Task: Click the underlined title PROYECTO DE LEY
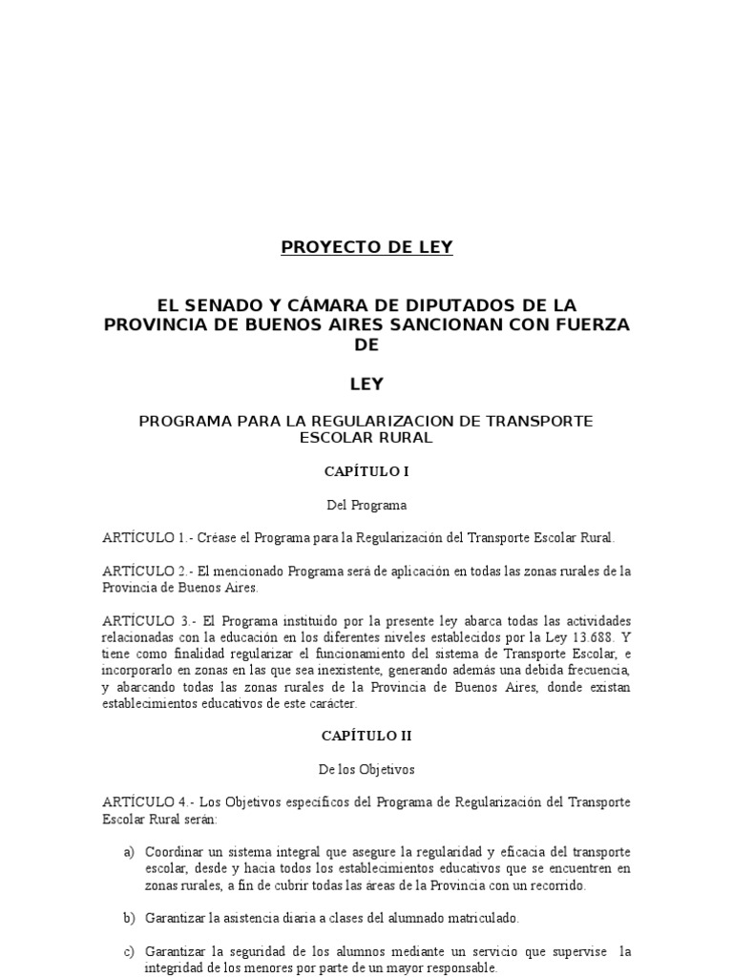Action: [x=366, y=248]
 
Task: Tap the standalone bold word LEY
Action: [x=366, y=384]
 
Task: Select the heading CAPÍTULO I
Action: [x=366, y=471]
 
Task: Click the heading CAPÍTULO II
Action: [x=366, y=736]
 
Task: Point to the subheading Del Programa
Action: [x=366, y=505]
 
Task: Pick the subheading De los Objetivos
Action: [x=366, y=768]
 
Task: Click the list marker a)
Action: [x=129, y=851]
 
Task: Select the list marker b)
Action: [x=129, y=918]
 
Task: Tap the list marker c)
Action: [x=129, y=951]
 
